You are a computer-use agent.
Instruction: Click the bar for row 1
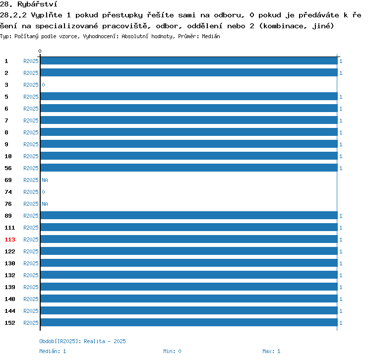[189, 60]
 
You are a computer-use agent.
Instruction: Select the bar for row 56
[189, 168]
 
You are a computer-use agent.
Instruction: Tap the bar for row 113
[189, 239]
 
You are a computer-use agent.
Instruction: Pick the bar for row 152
[189, 322]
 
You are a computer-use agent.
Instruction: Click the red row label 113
[10, 240]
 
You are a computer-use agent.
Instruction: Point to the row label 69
[8, 180]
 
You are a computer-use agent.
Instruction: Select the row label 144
[10, 311]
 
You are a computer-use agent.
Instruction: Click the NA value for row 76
[45, 204]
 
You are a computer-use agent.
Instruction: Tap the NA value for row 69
[45, 180]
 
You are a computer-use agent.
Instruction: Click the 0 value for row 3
[44, 85]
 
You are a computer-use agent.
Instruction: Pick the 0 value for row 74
[44, 192]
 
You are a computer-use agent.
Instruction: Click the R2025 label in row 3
[31, 85]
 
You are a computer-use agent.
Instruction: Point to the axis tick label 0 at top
[40, 51]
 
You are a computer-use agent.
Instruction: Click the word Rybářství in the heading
[37, 4]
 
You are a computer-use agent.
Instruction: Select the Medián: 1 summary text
[53, 351]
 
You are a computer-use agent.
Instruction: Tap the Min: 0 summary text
[172, 351]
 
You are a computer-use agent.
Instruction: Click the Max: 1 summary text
[271, 351]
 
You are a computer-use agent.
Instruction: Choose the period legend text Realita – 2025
[105, 341]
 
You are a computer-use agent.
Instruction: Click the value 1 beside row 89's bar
[341, 216]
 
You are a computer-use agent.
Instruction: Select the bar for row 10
[189, 156]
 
